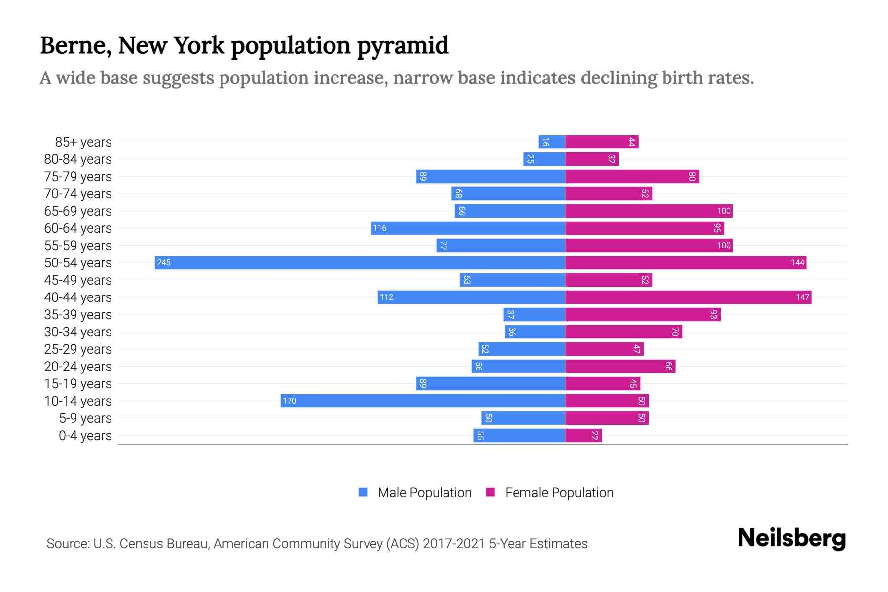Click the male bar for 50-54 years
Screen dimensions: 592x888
pyautogui.click(x=360, y=262)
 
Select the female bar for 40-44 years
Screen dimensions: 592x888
pyautogui.click(x=688, y=297)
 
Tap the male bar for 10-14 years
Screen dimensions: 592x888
pyautogui.click(x=423, y=401)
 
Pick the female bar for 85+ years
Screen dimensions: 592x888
pyautogui.click(x=602, y=142)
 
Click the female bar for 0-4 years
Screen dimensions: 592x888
pyautogui.click(x=584, y=436)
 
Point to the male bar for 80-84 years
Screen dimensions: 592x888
pyautogui.click(x=544, y=159)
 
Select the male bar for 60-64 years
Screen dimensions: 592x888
pyautogui.click(x=468, y=228)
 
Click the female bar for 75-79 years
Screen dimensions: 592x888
pyautogui.click(x=632, y=177)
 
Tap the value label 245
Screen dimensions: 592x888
pyautogui.click(x=164, y=263)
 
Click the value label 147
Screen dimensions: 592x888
pyautogui.click(x=802, y=297)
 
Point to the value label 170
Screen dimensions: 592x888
pyautogui.click(x=290, y=401)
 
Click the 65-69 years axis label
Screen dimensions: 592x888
pyautogui.click(x=78, y=211)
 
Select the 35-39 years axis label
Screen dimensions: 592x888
pyautogui.click(x=78, y=315)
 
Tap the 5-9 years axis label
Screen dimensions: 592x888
pyautogui.click(x=85, y=418)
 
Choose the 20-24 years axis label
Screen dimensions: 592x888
pyautogui.click(x=78, y=367)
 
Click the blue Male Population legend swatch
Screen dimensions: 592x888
pyautogui.click(x=363, y=492)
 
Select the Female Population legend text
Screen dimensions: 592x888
pyautogui.click(x=559, y=493)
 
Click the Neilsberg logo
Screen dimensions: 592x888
pyautogui.click(x=791, y=538)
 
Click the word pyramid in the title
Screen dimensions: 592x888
pyautogui.click(x=403, y=46)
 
